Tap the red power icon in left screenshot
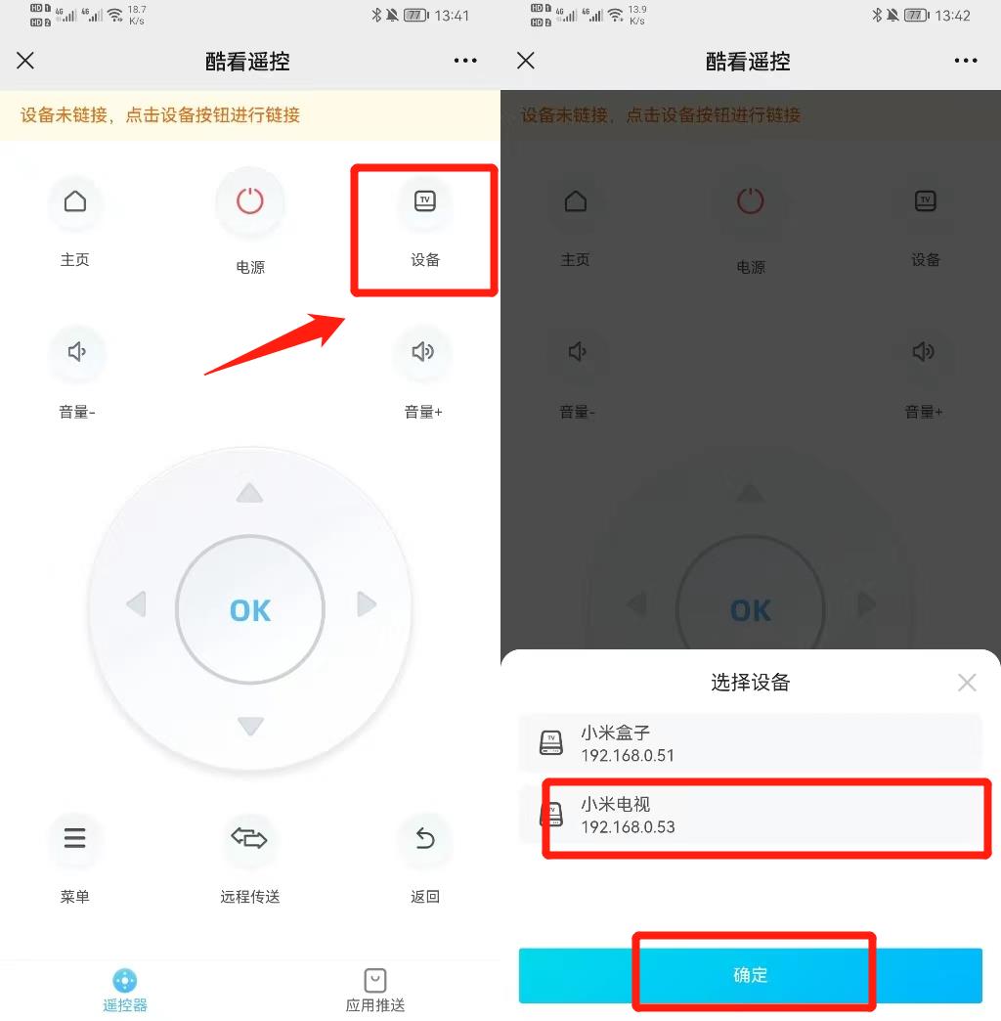[x=250, y=201]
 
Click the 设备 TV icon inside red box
[x=424, y=201]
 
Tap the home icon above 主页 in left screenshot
[x=75, y=201]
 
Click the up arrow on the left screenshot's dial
[x=250, y=492]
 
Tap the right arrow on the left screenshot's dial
[x=367, y=604]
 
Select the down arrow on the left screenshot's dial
[x=250, y=726]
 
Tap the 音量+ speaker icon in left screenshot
[x=422, y=352]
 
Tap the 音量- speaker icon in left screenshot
[x=76, y=352]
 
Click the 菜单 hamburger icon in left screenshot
[x=75, y=838]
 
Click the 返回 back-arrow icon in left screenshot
[x=424, y=838]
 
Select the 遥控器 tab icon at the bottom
[x=125, y=980]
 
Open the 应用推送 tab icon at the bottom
[x=374, y=980]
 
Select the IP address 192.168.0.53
[x=628, y=827]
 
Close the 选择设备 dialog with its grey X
[x=967, y=683]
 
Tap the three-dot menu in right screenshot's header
[x=965, y=61]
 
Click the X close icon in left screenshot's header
[x=25, y=61]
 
